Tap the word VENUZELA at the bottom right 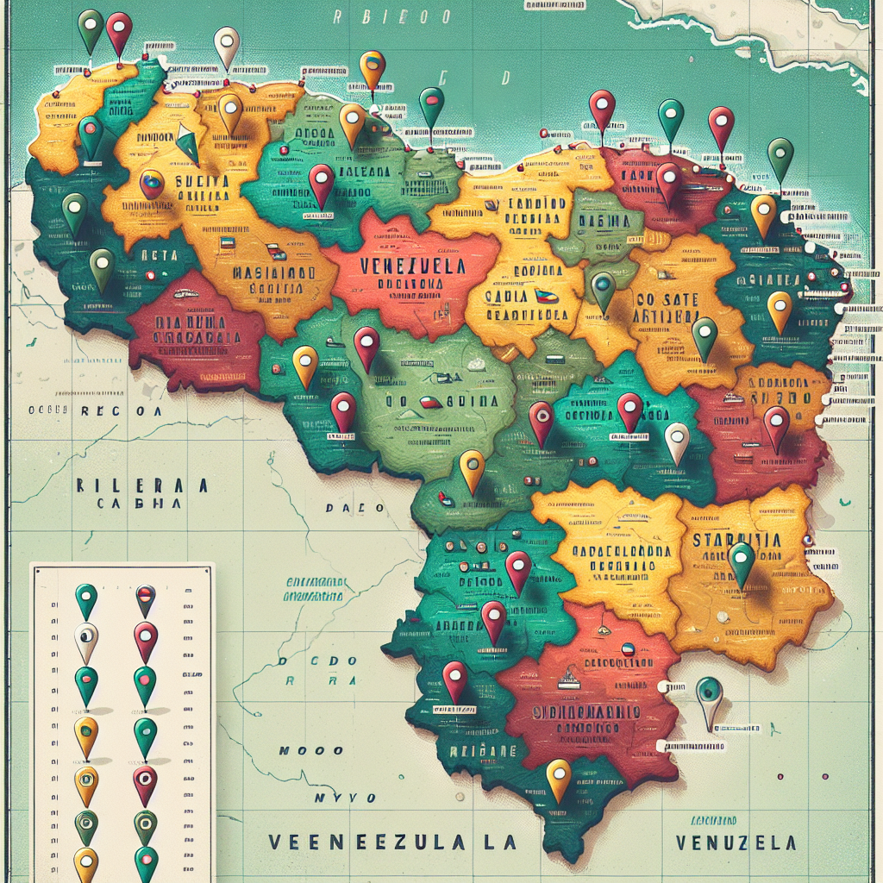pyautogui.click(x=736, y=842)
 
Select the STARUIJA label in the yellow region pyautogui.click(x=737, y=541)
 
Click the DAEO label pyautogui.click(x=354, y=508)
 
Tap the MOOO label pyautogui.click(x=311, y=751)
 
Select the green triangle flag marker pyautogui.click(x=189, y=145)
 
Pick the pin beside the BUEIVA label pyautogui.click(x=152, y=184)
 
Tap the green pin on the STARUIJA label pyautogui.click(x=742, y=561)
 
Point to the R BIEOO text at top pyautogui.click(x=392, y=16)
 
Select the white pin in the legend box pyautogui.click(x=86, y=642)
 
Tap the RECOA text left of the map pyautogui.click(x=121, y=411)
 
